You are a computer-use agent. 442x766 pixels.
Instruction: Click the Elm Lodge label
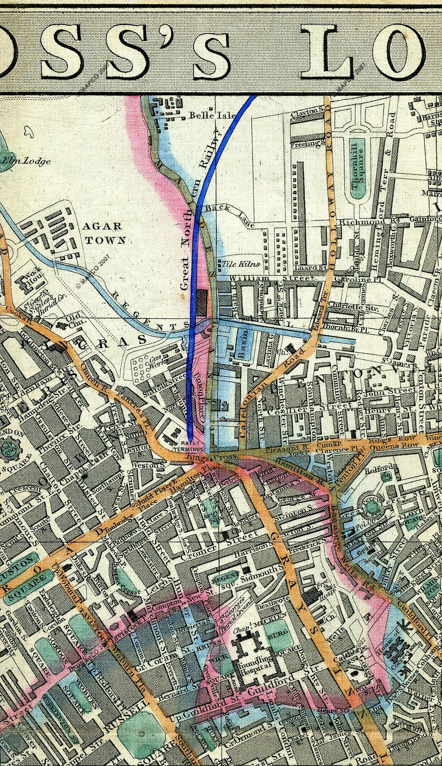click(18, 161)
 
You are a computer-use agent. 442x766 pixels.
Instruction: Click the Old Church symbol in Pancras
click(61, 324)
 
